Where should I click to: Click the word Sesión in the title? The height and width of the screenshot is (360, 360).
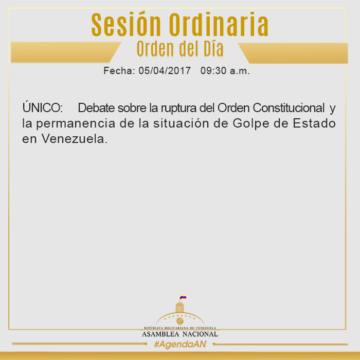coord(126,24)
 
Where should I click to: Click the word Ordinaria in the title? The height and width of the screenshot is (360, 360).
coord(219,24)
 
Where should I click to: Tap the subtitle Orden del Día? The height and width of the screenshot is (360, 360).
coord(180,49)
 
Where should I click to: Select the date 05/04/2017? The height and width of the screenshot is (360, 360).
coord(165,71)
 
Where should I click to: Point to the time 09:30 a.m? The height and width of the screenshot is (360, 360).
coord(225,71)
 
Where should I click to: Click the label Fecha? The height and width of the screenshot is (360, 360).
coord(119,71)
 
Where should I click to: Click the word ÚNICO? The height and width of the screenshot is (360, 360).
coord(43,107)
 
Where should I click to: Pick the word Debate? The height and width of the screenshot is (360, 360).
coord(96,107)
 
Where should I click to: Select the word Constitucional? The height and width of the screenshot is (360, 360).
coord(289,107)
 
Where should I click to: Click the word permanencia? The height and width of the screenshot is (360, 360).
coord(76,124)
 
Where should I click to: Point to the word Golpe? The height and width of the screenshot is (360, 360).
coord(251,124)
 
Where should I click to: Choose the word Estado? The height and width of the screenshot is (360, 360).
coord(314,123)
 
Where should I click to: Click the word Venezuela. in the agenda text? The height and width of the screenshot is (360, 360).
coord(75,139)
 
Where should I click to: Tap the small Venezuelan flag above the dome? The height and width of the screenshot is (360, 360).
coord(183,297)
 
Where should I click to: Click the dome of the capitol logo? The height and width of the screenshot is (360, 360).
coord(180,307)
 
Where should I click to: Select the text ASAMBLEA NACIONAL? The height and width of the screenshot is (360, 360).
coord(180,334)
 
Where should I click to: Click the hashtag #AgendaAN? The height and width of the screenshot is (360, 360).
coord(180,344)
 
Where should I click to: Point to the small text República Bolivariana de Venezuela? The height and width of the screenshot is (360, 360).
coord(180,328)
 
